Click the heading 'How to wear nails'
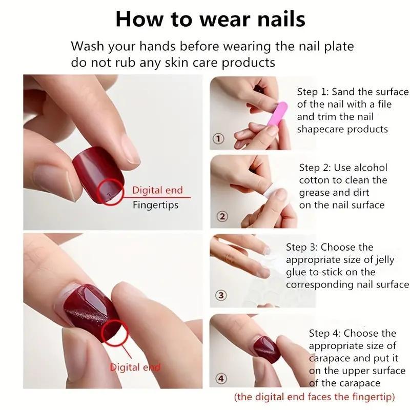pyautogui.click(x=210, y=19)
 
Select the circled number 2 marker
pyautogui.click(x=222, y=216)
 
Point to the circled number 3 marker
pyautogui.click(x=221, y=295)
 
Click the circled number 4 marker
pyautogui.click(x=221, y=379)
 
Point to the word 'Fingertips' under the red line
pyautogui.click(x=156, y=205)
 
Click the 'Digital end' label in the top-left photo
pyautogui.click(x=157, y=190)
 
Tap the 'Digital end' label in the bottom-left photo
pyautogui.click(x=135, y=367)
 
